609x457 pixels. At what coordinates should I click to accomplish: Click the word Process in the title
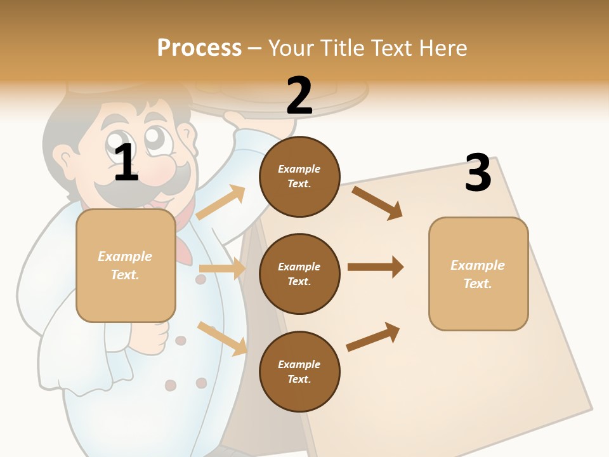pyautogui.click(x=199, y=48)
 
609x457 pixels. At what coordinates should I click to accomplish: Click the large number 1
pyautogui.click(x=126, y=163)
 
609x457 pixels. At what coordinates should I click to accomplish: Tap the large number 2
pyautogui.click(x=299, y=96)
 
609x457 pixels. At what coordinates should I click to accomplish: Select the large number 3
pyautogui.click(x=478, y=173)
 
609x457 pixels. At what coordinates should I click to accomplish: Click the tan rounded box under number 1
pyautogui.click(x=126, y=265)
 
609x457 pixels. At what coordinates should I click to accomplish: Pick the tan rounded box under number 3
pyautogui.click(x=478, y=274)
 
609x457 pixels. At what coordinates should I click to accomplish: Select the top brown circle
pyautogui.click(x=299, y=176)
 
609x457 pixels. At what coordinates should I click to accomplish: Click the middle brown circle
pyautogui.click(x=299, y=274)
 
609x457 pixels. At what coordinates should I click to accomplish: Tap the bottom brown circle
pyautogui.click(x=299, y=371)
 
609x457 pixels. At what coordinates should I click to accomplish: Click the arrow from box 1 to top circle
pyautogui.click(x=221, y=202)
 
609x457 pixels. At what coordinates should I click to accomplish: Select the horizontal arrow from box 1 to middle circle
pyautogui.click(x=222, y=268)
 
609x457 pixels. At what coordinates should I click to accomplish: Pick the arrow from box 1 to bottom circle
pyautogui.click(x=222, y=338)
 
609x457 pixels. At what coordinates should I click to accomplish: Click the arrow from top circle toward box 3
pyautogui.click(x=377, y=202)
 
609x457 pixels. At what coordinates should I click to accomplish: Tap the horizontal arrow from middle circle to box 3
pyautogui.click(x=375, y=267)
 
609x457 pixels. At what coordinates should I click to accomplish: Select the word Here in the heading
pyautogui.click(x=442, y=48)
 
